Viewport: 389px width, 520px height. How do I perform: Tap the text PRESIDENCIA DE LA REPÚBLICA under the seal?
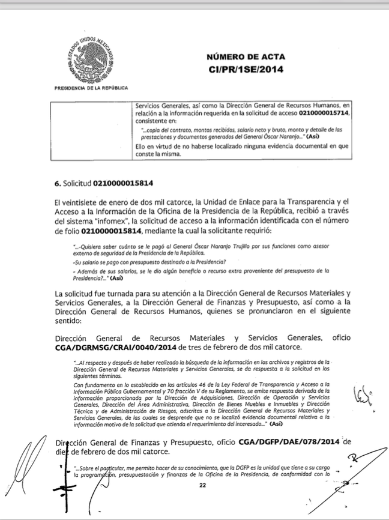pos(91,88)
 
